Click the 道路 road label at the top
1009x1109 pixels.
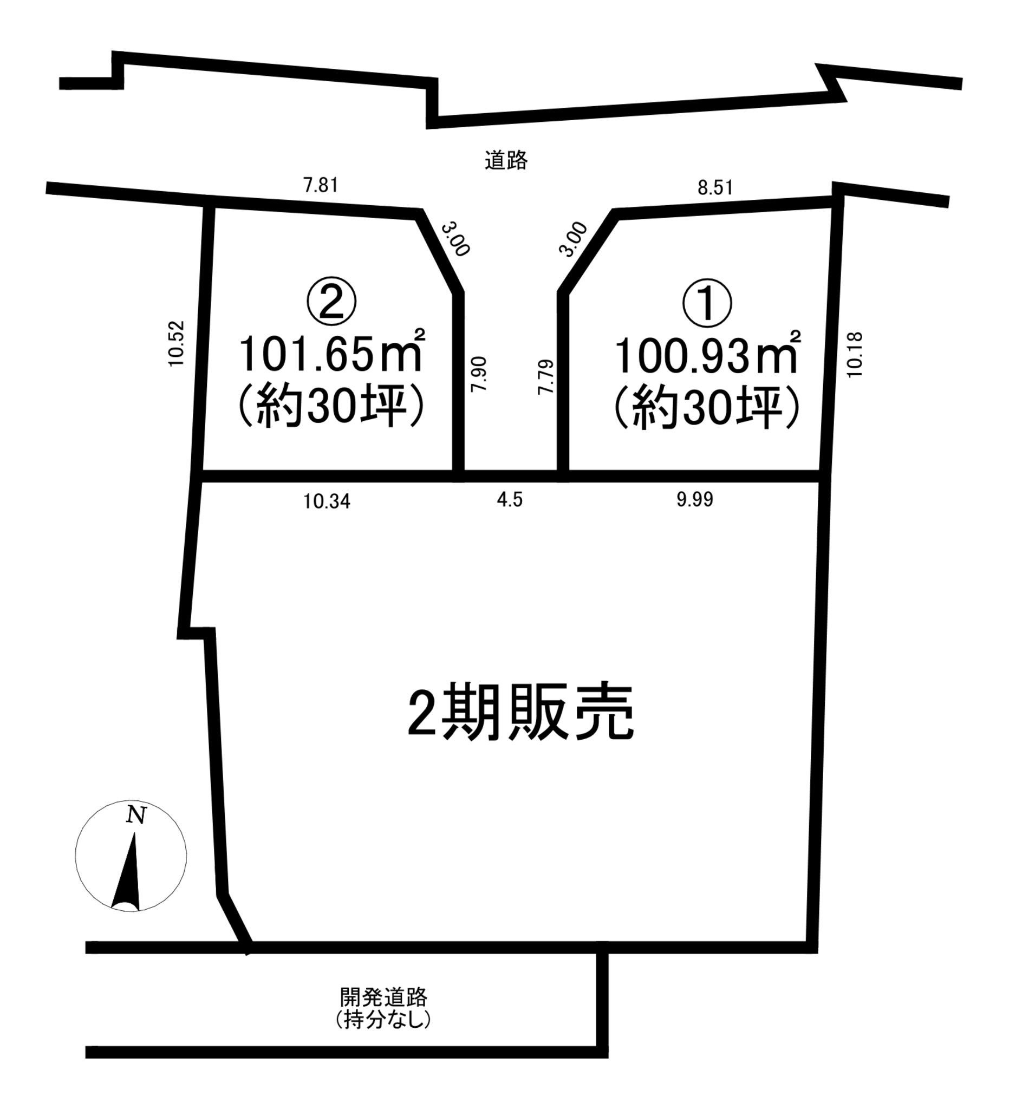tap(506, 161)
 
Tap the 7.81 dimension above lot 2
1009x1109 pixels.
tap(320, 185)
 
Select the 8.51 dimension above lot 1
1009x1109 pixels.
tap(715, 188)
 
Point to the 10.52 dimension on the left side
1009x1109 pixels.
tap(176, 343)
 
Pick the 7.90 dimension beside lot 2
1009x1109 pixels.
tap(479, 374)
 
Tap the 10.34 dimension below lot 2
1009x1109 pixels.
tap(327, 501)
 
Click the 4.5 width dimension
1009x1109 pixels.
tap(510, 499)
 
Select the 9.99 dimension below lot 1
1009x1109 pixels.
tap(695, 499)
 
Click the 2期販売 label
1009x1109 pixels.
tap(520, 714)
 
